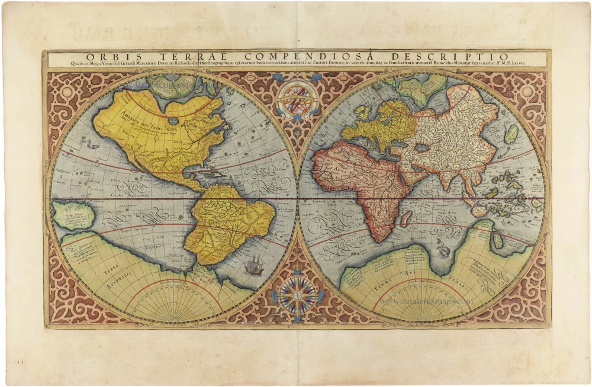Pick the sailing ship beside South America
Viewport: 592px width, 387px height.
[253, 264]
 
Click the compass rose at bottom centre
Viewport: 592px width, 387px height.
[297, 294]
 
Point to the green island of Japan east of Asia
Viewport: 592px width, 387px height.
[511, 134]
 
